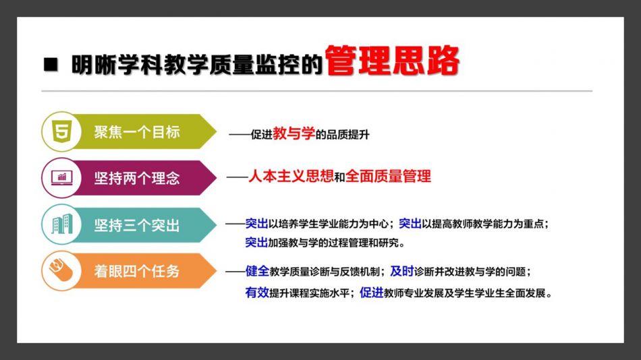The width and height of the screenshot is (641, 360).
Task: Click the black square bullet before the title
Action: point(51,65)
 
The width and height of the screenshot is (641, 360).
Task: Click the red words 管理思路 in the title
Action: point(392,61)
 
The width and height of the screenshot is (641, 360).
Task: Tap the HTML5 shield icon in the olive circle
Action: point(61,131)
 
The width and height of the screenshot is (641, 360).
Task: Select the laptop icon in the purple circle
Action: point(61,178)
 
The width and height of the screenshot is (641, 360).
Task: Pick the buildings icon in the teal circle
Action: point(61,224)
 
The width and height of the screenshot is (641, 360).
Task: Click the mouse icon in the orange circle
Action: point(61,270)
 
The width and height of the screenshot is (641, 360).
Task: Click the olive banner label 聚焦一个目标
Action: point(137,132)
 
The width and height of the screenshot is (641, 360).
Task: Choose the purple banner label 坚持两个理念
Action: point(137,178)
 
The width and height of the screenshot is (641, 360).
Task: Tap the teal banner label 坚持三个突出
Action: point(137,225)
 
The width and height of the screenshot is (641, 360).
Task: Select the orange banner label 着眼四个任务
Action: point(137,271)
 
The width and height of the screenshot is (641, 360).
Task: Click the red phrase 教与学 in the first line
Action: point(294,133)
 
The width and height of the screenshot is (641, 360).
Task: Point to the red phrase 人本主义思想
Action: point(291,176)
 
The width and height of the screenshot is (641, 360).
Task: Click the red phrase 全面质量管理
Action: point(389,176)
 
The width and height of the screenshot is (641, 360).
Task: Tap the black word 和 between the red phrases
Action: point(339,177)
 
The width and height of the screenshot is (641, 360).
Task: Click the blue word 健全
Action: point(257,271)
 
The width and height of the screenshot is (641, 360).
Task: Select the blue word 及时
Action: point(402,271)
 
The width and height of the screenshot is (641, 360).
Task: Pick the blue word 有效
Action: point(257,292)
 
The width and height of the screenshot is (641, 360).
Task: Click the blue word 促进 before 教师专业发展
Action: point(372,292)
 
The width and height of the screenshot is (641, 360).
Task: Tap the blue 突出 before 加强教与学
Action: point(256,242)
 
